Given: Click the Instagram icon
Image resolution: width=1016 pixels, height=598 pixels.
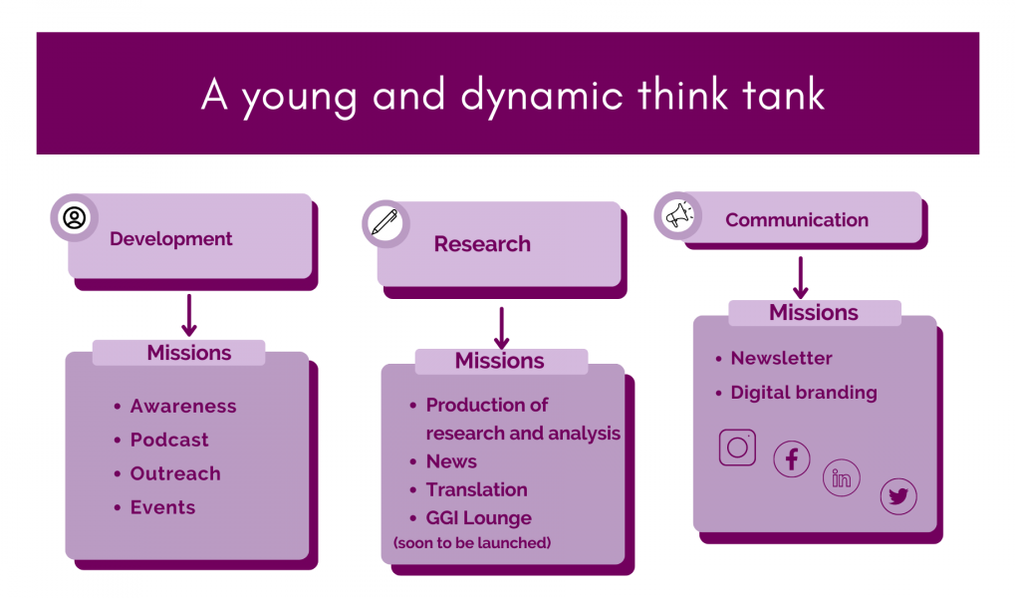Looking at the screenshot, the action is (x=737, y=447).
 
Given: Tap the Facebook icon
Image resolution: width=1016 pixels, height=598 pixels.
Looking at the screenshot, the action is (x=791, y=459).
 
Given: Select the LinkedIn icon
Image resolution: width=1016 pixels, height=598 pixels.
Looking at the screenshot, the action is (x=841, y=478).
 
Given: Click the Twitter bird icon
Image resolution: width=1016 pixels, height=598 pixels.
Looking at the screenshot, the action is (x=898, y=496).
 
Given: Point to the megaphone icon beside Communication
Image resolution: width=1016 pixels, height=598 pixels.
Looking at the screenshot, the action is (x=679, y=215).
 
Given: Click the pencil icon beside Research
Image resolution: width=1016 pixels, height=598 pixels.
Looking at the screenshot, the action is (x=384, y=222).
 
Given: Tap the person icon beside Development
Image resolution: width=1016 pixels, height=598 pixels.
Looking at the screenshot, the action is (x=75, y=217).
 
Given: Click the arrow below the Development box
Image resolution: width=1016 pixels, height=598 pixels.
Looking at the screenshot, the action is (x=189, y=315).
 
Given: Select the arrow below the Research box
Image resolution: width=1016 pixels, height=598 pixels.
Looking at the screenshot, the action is (x=501, y=328).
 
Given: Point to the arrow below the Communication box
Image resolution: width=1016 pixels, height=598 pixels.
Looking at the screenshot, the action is (x=801, y=278).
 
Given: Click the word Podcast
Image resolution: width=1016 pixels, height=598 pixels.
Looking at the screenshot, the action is (x=169, y=440).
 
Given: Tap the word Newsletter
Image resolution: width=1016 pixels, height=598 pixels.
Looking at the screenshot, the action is (x=782, y=358).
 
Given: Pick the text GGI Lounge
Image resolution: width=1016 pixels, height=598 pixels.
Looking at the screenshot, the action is (x=479, y=518).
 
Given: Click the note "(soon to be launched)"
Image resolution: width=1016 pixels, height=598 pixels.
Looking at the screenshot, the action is (x=472, y=543).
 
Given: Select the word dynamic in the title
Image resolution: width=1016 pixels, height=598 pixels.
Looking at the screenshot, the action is (x=542, y=97).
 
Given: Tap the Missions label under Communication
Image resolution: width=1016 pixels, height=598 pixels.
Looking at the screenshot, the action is (x=814, y=313).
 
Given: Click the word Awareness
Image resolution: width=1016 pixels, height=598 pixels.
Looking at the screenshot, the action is (x=183, y=406).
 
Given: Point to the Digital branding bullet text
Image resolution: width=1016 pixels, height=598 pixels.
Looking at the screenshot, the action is (x=804, y=393).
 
